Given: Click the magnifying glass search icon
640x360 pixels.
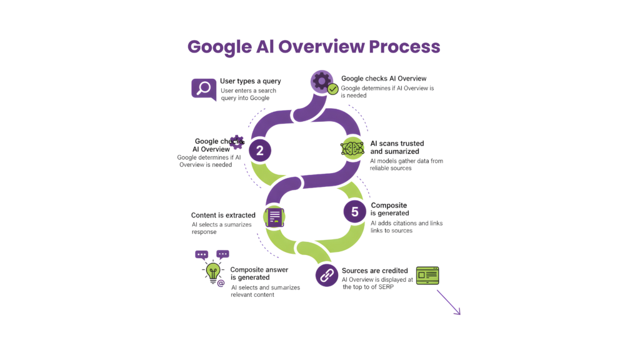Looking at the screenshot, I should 202,88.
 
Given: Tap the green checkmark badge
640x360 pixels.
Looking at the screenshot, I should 333,89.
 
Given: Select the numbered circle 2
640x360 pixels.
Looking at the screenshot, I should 259,150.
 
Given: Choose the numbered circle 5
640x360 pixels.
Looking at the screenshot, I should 354,211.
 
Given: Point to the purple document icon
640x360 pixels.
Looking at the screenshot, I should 274,216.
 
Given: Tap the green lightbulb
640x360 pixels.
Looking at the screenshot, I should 212,270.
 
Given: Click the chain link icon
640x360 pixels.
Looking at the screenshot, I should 326,274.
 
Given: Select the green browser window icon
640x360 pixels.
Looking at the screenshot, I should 427,274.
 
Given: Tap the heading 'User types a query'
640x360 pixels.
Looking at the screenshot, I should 251,81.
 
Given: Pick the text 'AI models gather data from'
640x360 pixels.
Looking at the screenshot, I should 406,161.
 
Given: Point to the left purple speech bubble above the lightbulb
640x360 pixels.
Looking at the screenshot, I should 201,254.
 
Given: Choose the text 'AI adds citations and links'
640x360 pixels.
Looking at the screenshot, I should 406,223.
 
